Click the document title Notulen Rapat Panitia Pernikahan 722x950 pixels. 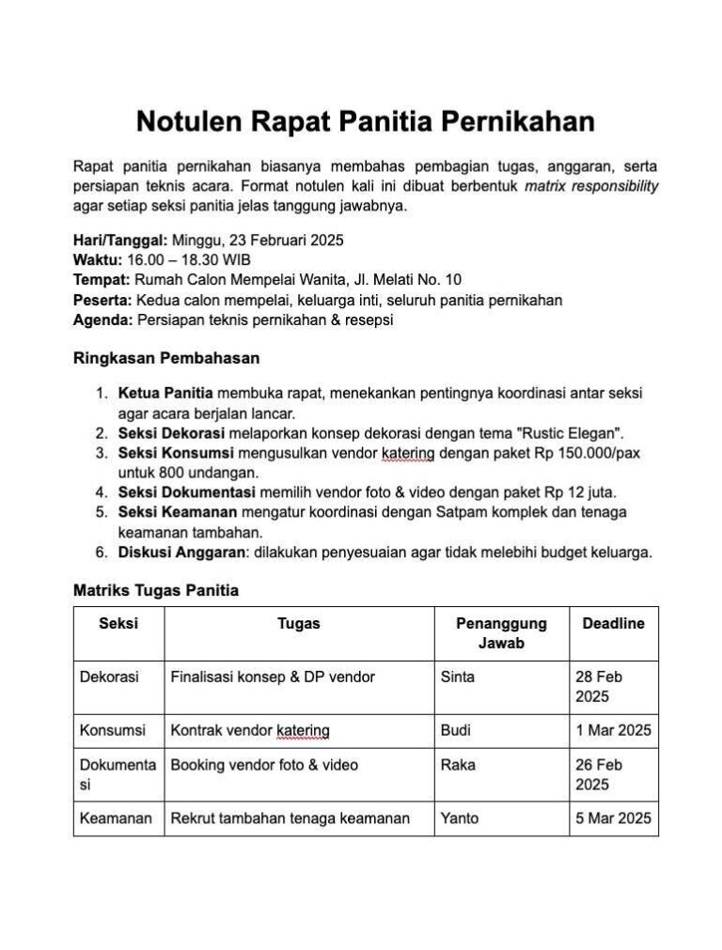point(366,122)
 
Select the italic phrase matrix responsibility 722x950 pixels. point(591,186)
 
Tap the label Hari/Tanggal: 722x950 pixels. point(120,240)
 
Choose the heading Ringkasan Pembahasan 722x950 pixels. point(166,358)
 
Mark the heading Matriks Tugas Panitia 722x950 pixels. point(156,591)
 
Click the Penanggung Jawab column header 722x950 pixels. point(501,633)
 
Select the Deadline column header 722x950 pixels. point(613,624)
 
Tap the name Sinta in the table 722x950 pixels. point(458,677)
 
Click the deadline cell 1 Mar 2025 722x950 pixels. point(613,730)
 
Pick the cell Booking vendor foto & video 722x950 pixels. point(264,765)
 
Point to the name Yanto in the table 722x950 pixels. point(460,818)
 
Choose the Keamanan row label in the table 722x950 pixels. point(116,818)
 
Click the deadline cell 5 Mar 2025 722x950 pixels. point(613,818)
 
